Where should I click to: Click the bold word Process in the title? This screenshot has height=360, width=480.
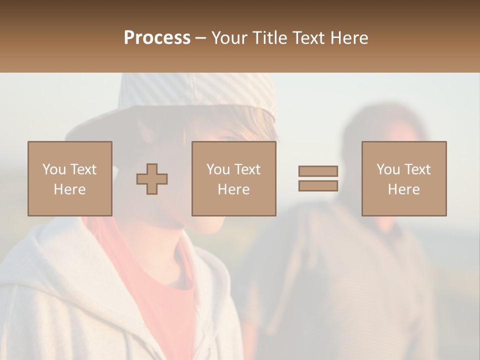pyautogui.click(x=157, y=38)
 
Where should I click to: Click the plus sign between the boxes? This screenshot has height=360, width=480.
pyautogui.click(x=152, y=178)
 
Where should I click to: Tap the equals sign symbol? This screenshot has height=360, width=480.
pyautogui.click(x=318, y=178)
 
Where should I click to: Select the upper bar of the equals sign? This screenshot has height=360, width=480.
pyautogui.click(x=318, y=171)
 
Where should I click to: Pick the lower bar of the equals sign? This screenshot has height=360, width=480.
pyautogui.click(x=318, y=185)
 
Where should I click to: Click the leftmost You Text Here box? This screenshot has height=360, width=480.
pyautogui.click(x=69, y=178)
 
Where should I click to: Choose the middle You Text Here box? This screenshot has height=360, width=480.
pyautogui.click(x=233, y=178)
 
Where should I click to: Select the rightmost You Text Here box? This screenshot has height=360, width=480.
pyautogui.click(x=403, y=178)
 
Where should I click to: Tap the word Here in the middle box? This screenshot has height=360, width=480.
pyautogui.click(x=233, y=189)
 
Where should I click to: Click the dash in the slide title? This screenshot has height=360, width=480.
pyautogui.click(x=200, y=38)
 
